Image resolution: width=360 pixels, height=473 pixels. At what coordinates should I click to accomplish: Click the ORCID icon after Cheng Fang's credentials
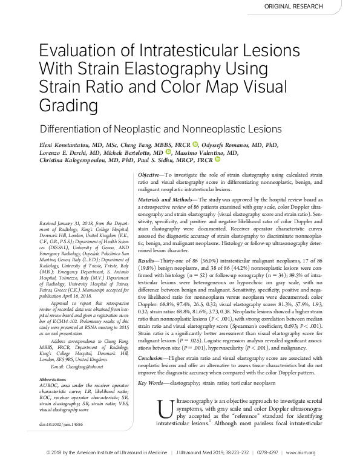[x=195, y=145]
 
